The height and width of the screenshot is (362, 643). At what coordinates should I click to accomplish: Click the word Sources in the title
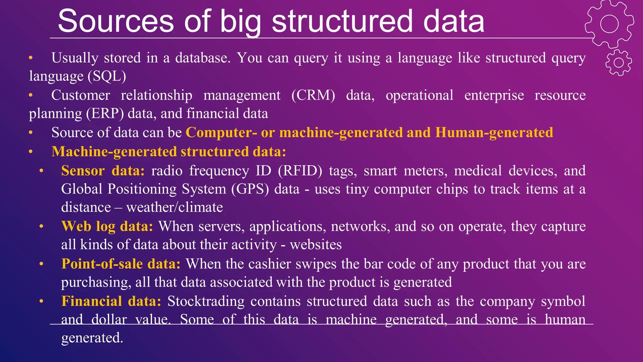[x=116, y=21]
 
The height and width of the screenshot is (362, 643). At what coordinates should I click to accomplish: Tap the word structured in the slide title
[x=342, y=21]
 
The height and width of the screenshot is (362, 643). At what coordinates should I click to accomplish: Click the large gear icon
[x=609, y=24]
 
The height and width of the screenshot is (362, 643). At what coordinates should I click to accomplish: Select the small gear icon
[x=619, y=63]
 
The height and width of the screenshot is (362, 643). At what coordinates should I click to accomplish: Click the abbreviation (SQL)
[x=107, y=76]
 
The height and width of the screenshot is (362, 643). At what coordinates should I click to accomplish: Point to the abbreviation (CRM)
[x=313, y=95]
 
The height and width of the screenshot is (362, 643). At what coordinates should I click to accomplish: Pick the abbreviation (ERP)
[x=105, y=114]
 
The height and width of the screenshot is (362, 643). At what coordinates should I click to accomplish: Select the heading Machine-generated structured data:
[x=169, y=151]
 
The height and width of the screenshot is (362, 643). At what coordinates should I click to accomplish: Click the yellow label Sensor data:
[x=103, y=171]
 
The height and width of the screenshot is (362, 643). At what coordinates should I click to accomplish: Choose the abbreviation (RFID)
[x=300, y=171]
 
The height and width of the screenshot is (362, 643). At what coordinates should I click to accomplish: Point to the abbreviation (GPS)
[x=250, y=189]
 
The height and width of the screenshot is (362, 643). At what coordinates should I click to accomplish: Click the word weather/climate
[x=175, y=207]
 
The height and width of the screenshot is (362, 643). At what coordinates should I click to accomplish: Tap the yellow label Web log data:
[x=107, y=226]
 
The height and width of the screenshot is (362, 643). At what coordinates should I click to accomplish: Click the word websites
[x=316, y=245]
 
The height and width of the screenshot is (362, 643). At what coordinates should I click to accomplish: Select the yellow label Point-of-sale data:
[x=121, y=264]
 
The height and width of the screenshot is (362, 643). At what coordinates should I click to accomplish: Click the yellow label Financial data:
[x=111, y=301]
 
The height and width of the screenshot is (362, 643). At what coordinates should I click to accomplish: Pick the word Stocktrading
[x=206, y=301]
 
